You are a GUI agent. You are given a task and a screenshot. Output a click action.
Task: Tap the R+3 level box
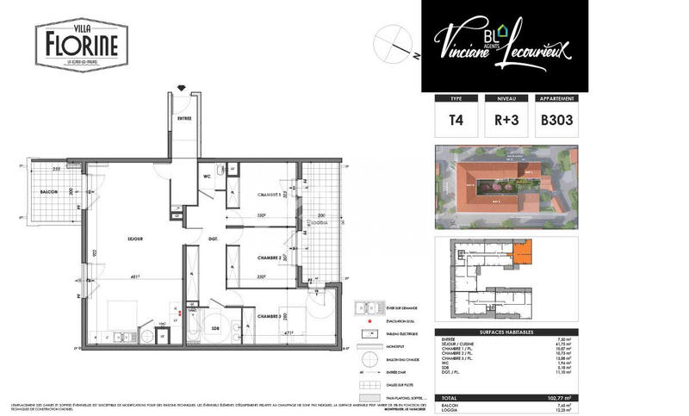(x=506, y=121)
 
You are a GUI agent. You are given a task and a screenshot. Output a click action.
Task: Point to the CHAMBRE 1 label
(x=258, y=195)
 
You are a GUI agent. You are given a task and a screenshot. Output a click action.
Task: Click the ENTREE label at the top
(x=184, y=118)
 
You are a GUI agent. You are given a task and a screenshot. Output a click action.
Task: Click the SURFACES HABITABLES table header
(x=505, y=332)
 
